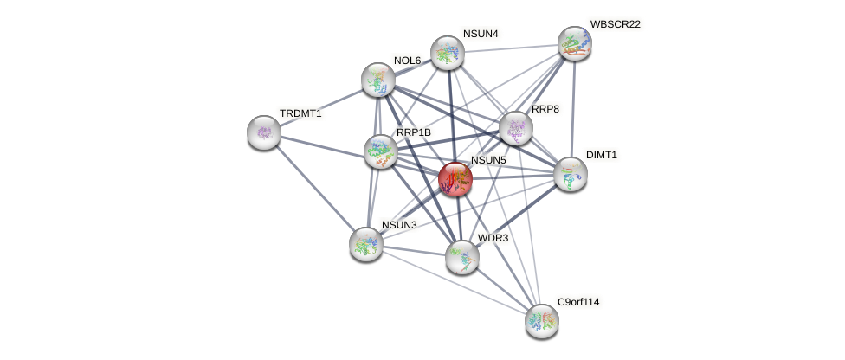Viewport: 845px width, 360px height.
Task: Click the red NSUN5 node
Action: coord(455,179)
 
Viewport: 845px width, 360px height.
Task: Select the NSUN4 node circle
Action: coord(447,53)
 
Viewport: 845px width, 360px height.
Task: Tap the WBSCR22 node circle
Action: coord(574,43)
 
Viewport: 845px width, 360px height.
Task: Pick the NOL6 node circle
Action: coord(378,80)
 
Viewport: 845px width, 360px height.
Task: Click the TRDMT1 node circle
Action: coord(264,132)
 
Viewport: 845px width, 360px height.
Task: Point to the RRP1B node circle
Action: coord(380,151)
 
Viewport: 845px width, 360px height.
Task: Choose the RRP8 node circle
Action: coord(516,128)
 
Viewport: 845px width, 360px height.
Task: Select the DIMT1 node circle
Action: coord(570,174)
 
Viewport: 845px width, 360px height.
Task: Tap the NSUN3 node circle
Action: coord(366,244)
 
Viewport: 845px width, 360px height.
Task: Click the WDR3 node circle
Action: coord(462,257)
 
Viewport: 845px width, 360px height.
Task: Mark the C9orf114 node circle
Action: coord(542,321)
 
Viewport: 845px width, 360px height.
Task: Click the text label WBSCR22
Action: coord(615,24)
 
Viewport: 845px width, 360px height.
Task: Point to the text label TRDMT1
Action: coord(300,113)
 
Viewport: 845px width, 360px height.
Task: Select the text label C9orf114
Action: coord(577,302)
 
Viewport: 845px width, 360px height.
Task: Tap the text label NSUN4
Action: coord(481,34)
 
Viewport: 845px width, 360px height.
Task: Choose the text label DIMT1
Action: coord(602,155)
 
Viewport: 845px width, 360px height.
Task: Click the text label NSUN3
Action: coord(399,225)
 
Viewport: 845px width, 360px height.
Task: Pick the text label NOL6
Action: coord(407,61)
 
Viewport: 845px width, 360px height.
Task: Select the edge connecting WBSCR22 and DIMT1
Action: coord(572,108)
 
